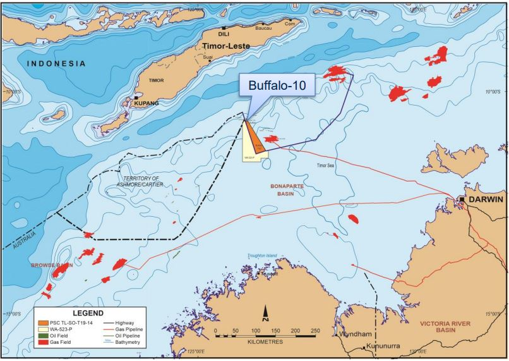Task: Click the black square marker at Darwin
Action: point(463,199)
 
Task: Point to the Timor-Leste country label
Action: point(227,46)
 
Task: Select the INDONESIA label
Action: point(56,64)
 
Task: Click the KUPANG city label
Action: point(146,102)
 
